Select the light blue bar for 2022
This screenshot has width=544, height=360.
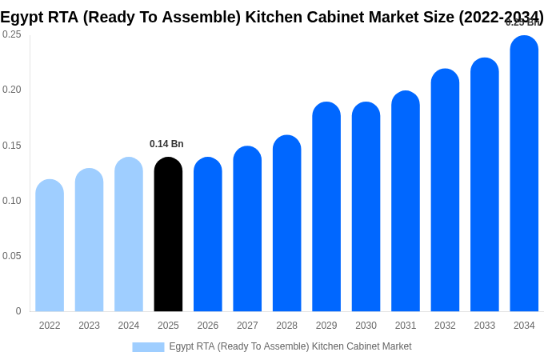(50, 246)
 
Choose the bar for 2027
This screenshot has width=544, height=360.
(247, 229)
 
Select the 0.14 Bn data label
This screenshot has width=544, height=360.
(166, 144)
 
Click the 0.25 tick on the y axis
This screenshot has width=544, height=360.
(12, 34)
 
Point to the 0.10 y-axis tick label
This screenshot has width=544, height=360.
(12, 201)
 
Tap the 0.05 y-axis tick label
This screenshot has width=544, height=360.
(12, 256)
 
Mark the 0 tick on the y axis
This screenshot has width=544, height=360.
(18, 311)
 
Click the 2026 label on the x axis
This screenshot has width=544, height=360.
(208, 326)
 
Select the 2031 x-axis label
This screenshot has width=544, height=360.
(406, 326)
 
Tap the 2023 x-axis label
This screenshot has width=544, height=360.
(89, 326)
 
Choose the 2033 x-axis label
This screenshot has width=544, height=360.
(485, 326)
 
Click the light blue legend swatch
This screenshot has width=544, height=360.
(148, 346)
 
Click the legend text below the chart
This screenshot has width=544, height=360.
(290, 346)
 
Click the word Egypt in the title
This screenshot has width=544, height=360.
(22, 17)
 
